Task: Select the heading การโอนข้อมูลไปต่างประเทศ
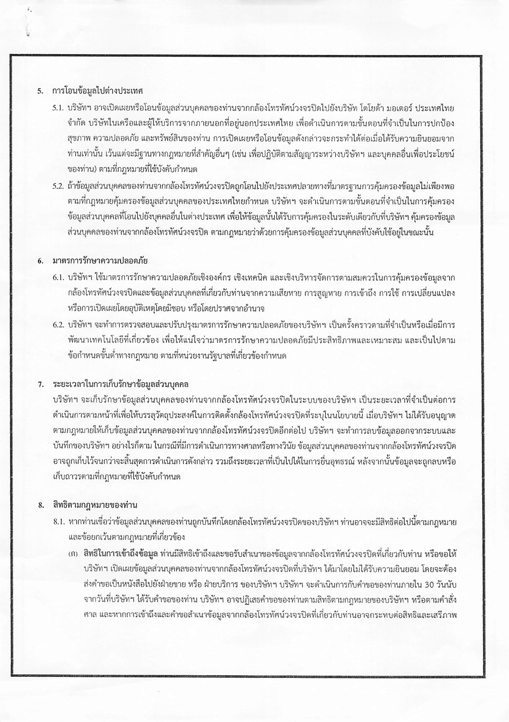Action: [x=98, y=91]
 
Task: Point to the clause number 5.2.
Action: [x=58, y=186]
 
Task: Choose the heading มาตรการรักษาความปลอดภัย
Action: [x=100, y=261]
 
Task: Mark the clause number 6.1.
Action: [x=58, y=278]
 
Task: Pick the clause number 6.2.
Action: [x=58, y=325]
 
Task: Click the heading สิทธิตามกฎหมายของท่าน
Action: [x=95, y=505]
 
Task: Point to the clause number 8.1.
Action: [x=58, y=523]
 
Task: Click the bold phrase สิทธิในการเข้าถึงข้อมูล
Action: [x=121, y=553]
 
